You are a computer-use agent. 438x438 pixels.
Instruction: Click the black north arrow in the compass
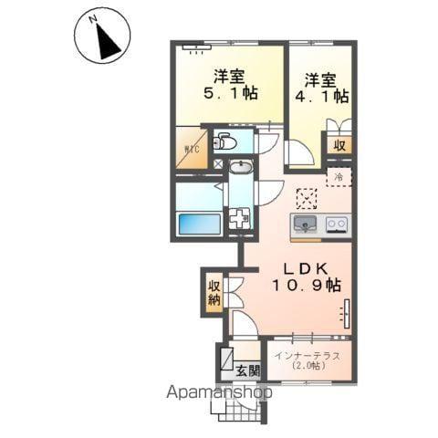pyautogui.click(x=107, y=43)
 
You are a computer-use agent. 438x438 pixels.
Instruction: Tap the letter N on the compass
pyautogui.click(x=93, y=19)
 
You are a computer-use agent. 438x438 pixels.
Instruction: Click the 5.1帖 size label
pyautogui.click(x=231, y=93)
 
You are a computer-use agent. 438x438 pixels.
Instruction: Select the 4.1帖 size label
pyautogui.click(x=322, y=96)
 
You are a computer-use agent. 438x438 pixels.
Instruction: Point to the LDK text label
pyautogui.click(x=306, y=269)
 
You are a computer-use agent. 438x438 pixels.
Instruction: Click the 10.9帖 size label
pyautogui.click(x=306, y=286)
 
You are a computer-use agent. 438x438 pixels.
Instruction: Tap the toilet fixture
pyautogui.click(x=224, y=141)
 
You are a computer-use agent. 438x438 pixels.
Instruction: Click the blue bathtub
pyautogui.click(x=200, y=224)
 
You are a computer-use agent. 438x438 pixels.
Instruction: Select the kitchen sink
pyautogui.click(x=305, y=224)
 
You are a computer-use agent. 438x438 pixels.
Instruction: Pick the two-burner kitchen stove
pyautogui.click(x=337, y=225)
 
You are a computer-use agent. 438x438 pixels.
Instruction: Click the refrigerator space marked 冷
pyautogui.click(x=339, y=177)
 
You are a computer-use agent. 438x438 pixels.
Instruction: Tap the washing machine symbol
pyautogui.click(x=240, y=218)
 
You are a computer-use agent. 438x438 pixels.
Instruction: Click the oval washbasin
pyautogui.click(x=241, y=167)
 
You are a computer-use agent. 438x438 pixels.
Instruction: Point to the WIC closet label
pyautogui.click(x=192, y=150)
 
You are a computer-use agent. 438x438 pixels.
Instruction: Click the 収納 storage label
pyautogui.click(x=214, y=294)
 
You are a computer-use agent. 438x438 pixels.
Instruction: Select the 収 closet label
pyautogui.click(x=339, y=146)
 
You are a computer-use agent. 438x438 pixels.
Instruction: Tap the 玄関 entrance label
pyautogui.click(x=248, y=371)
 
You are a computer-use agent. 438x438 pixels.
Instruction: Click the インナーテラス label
pyautogui.click(x=308, y=356)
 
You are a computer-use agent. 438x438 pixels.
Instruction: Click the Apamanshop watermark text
pyautogui.click(x=219, y=392)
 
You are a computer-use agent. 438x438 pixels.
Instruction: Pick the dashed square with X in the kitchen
pyautogui.click(x=307, y=199)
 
